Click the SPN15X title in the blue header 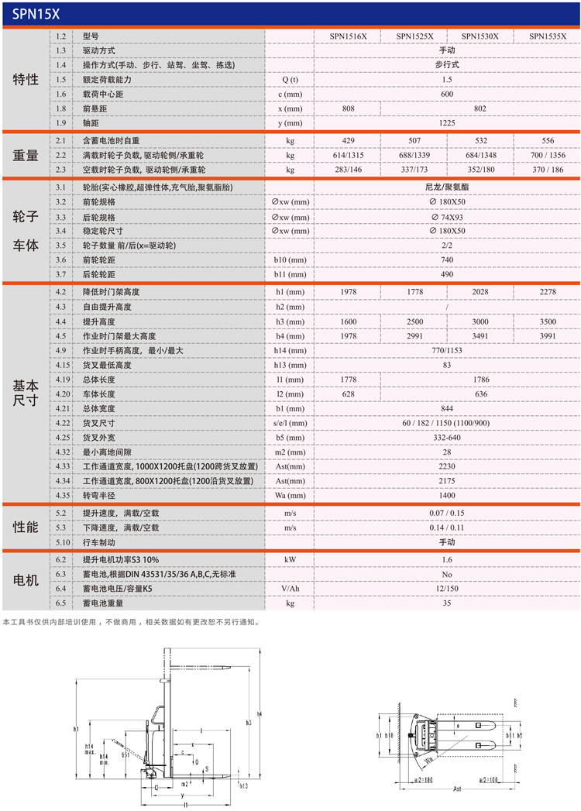coord(32,13)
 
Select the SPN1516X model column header coord(348,36)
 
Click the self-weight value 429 coord(348,141)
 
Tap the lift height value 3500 coord(547,321)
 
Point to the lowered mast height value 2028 coord(480,292)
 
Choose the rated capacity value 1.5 coord(447,80)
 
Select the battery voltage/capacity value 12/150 coord(447,588)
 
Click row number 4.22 coord(64,423)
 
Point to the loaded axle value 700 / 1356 coord(547,156)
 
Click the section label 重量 coord(26,155)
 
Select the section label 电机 coord(26,580)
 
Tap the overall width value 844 coord(447,408)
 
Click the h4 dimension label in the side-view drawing coord(260,713)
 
